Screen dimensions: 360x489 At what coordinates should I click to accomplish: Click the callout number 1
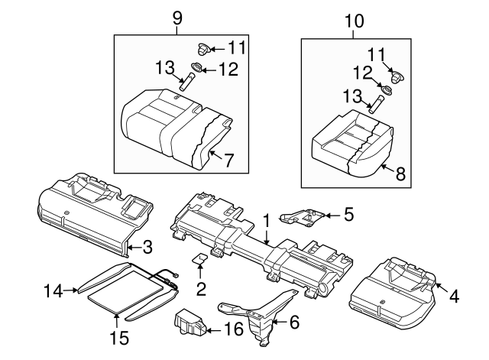click(x=267, y=221)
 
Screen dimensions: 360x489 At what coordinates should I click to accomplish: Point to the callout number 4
click(x=454, y=294)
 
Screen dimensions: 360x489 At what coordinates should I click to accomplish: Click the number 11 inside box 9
click(x=237, y=48)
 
